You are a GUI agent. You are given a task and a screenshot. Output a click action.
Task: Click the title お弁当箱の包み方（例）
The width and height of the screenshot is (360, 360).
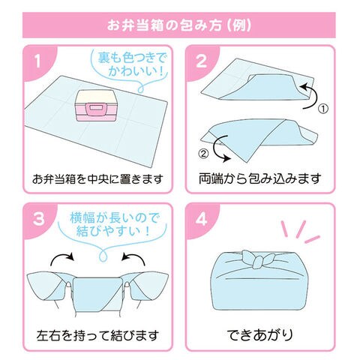(x=179, y=25)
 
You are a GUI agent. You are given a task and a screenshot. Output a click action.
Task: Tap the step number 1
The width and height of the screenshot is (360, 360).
(x=37, y=61)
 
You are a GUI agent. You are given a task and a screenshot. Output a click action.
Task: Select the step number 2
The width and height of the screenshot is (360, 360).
(x=202, y=61)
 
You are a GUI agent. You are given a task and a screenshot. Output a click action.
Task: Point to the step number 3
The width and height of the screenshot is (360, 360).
(x=38, y=219)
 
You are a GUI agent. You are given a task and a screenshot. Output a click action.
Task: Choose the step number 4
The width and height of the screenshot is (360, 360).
(x=202, y=219)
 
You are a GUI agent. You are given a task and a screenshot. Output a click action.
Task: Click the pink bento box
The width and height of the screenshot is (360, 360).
(x=95, y=106)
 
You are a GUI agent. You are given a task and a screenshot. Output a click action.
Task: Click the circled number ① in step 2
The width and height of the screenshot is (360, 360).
(x=323, y=109)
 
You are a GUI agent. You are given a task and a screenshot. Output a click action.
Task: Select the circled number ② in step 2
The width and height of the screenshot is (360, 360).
(x=203, y=154)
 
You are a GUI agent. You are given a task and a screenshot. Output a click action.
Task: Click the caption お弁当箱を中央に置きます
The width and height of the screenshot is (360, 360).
(x=97, y=179)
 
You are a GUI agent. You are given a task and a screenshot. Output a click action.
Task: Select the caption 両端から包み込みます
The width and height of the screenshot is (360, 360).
(x=260, y=178)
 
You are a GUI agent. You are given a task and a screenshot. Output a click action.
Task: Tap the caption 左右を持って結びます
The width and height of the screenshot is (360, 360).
(x=97, y=335)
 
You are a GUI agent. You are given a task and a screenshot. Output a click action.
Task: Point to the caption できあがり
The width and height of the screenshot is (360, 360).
(x=260, y=335)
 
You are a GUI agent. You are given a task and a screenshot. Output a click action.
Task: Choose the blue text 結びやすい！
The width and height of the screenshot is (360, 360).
(x=113, y=231)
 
